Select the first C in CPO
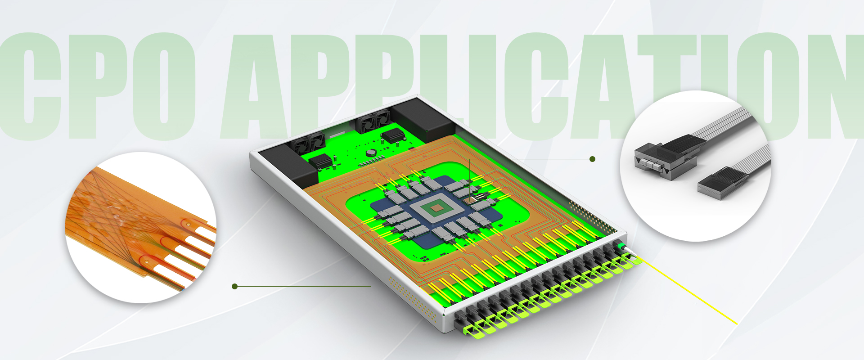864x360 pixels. click(x=31, y=85)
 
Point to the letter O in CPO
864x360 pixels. click(x=164, y=85)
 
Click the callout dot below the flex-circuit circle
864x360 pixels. click(x=234, y=286)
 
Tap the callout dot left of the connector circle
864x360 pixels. click(x=592, y=159)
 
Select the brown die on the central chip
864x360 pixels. click(x=436, y=207)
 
